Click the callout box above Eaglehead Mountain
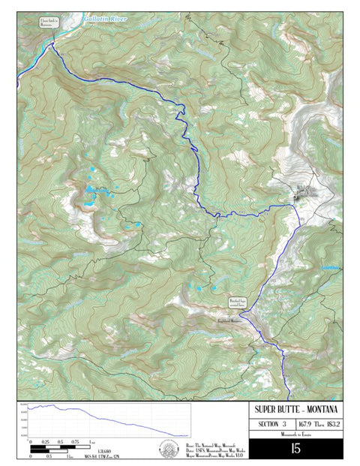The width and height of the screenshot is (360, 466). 237,303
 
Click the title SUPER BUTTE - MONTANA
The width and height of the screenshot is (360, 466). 295,409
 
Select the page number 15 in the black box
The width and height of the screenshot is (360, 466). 295,448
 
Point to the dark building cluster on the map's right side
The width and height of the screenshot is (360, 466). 303,194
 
